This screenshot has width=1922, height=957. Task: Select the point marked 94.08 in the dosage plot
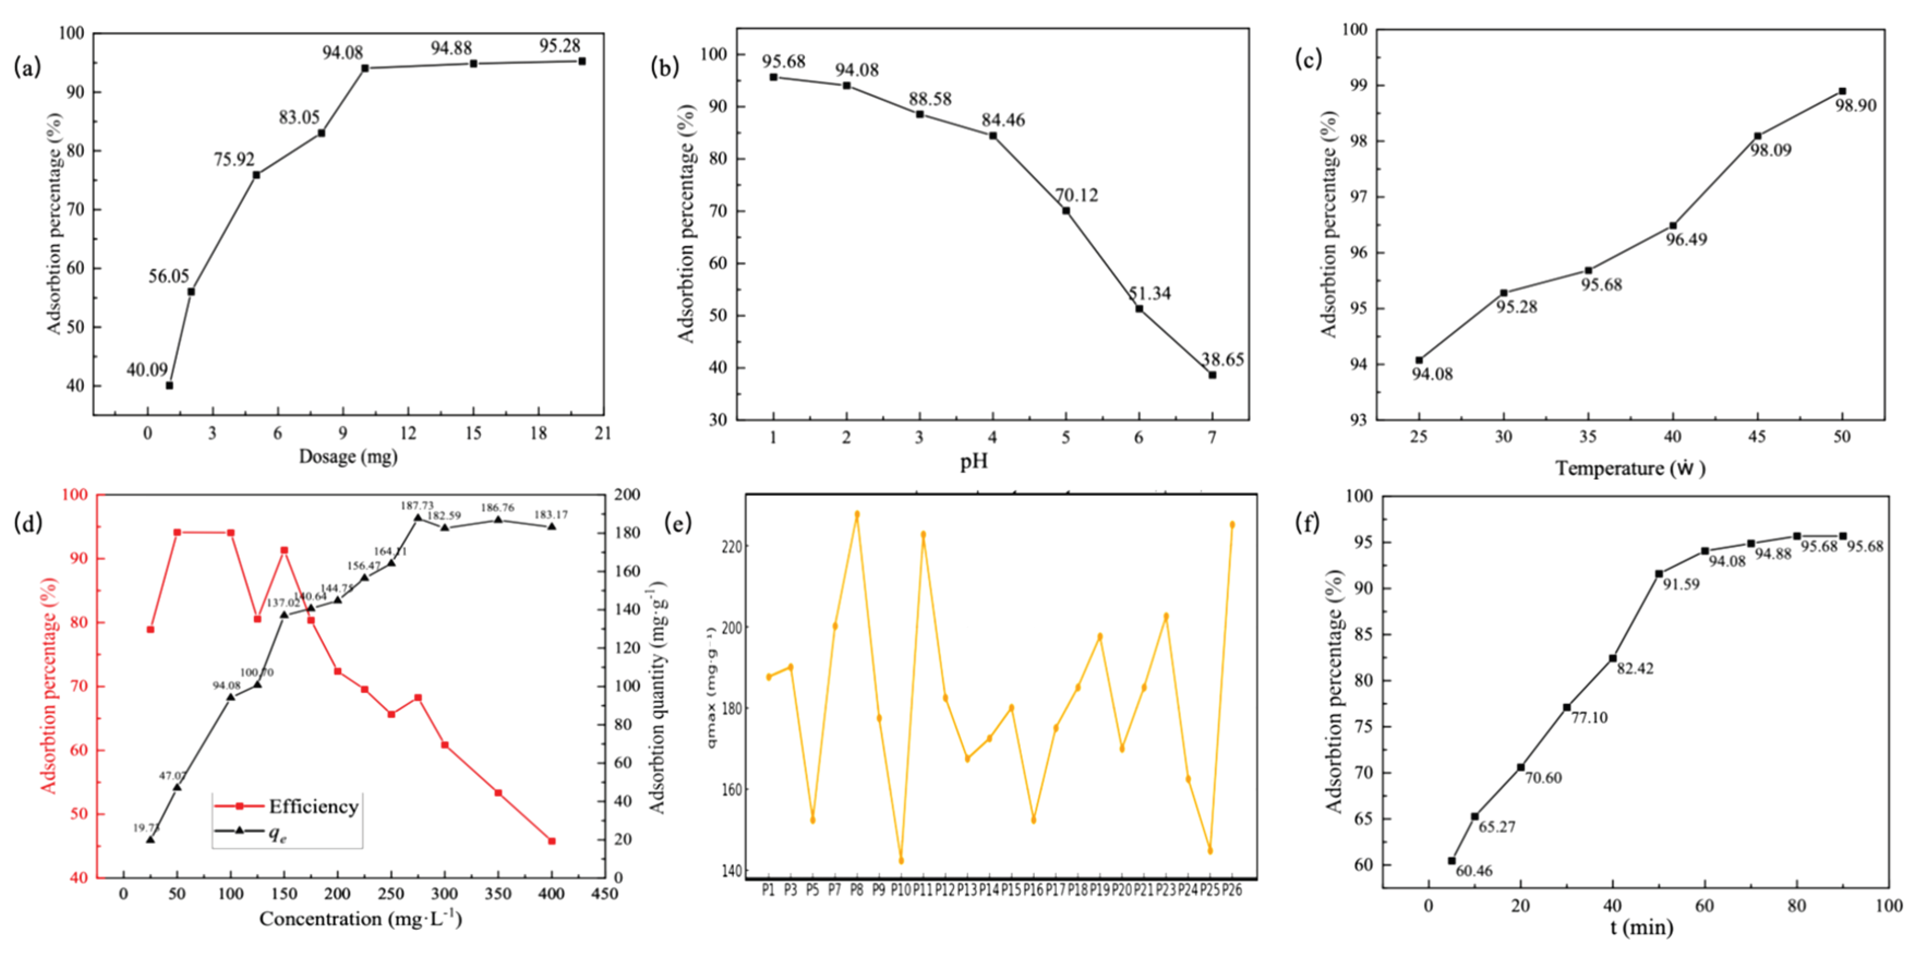point(365,68)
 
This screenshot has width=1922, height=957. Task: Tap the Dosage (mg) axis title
point(348,457)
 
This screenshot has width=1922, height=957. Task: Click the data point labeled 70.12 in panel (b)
point(1066,210)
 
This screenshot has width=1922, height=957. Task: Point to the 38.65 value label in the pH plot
point(1222,360)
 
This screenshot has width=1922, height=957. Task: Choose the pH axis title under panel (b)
point(974,462)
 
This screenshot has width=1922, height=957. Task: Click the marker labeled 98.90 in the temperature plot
point(1842,91)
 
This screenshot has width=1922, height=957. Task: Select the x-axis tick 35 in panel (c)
point(1588,437)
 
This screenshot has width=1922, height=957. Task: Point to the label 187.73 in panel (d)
point(417,506)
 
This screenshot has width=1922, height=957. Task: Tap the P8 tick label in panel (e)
point(857,890)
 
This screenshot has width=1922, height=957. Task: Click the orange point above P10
point(901,860)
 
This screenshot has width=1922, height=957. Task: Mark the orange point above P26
point(1232,524)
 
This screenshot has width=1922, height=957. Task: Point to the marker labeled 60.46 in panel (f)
point(1452,860)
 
